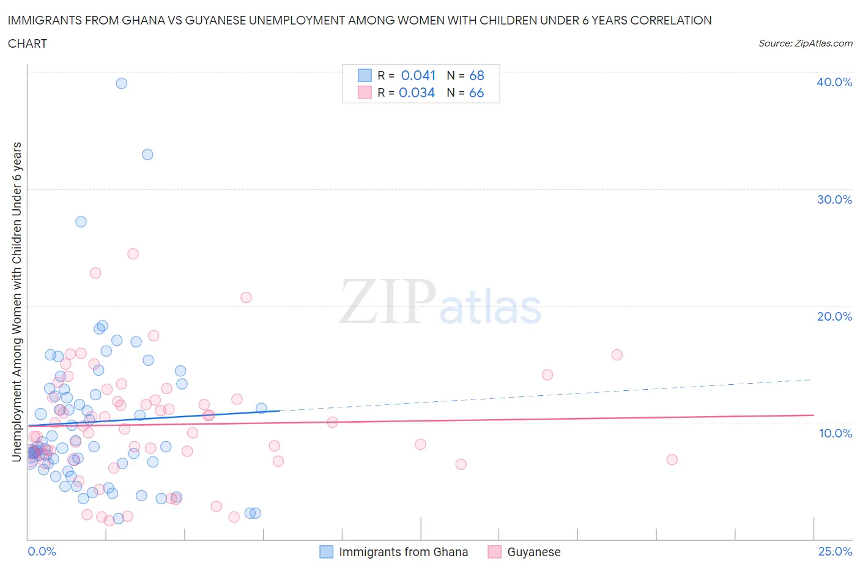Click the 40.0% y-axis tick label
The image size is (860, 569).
click(834, 82)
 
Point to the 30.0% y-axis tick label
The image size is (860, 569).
click(834, 199)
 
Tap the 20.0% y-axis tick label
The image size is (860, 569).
click(834, 316)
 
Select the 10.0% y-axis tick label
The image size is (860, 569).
click(835, 433)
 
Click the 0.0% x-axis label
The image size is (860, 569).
click(42, 551)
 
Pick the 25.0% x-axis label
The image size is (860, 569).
click(835, 551)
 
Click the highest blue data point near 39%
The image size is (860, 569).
click(122, 83)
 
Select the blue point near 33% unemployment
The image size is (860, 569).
click(147, 154)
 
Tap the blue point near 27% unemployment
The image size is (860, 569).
click(81, 221)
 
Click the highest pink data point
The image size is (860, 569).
click(133, 253)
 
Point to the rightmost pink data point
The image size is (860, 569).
click(672, 459)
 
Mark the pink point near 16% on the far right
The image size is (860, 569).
click(617, 355)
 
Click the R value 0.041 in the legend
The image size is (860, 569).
click(418, 75)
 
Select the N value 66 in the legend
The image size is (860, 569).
click(476, 92)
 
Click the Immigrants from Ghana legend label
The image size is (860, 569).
click(403, 552)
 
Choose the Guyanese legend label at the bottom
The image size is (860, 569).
click(533, 552)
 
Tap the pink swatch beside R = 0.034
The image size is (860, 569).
click(365, 92)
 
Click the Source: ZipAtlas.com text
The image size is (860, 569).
click(805, 43)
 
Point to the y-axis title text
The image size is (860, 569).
click(17, 301)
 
